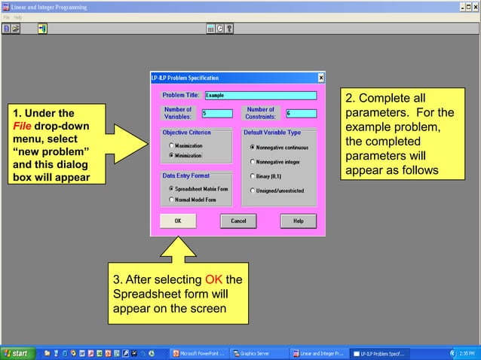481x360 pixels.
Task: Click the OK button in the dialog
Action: [178, 221]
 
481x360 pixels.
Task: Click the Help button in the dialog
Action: [298, 221]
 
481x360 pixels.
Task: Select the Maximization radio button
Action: [171, 145]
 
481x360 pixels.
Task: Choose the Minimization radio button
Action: [171, 154]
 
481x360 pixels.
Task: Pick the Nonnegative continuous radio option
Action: [253, 147]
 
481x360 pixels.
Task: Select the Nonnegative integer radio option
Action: [253, 162]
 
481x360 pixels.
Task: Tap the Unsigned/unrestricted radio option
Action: [253, 191]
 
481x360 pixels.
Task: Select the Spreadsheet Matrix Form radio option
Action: [171, 188]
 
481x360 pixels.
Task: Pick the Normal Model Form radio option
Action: [171, 200]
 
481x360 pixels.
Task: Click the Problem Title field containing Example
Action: [260, 96]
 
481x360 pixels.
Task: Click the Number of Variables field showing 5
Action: [216, 113]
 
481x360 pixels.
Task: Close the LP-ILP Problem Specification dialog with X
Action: [321, 78]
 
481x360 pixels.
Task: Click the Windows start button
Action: [17, 353]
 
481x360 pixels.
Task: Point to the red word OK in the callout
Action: [213, 281]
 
